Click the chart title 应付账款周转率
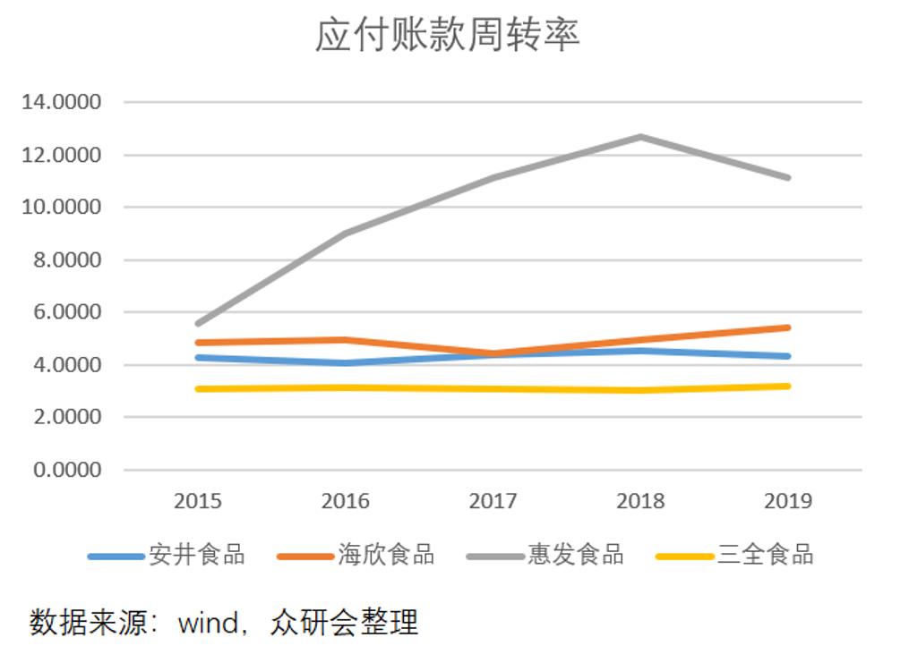(447, 36)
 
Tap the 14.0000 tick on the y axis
(61, 102)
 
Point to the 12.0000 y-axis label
(61, 155)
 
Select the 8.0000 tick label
(66, 260)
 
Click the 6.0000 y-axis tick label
(66, 312)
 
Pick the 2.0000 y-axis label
(66, 418)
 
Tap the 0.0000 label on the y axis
(66, 470)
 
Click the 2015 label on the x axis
(197, 501)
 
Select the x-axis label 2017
(493, 501)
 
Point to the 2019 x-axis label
(788, 501)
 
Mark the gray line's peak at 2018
(641, 137)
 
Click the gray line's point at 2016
(346, 233)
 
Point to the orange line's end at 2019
(788, 327)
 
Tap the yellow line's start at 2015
(198, 388)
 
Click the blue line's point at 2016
(346, 362)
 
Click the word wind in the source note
(207, 622)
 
